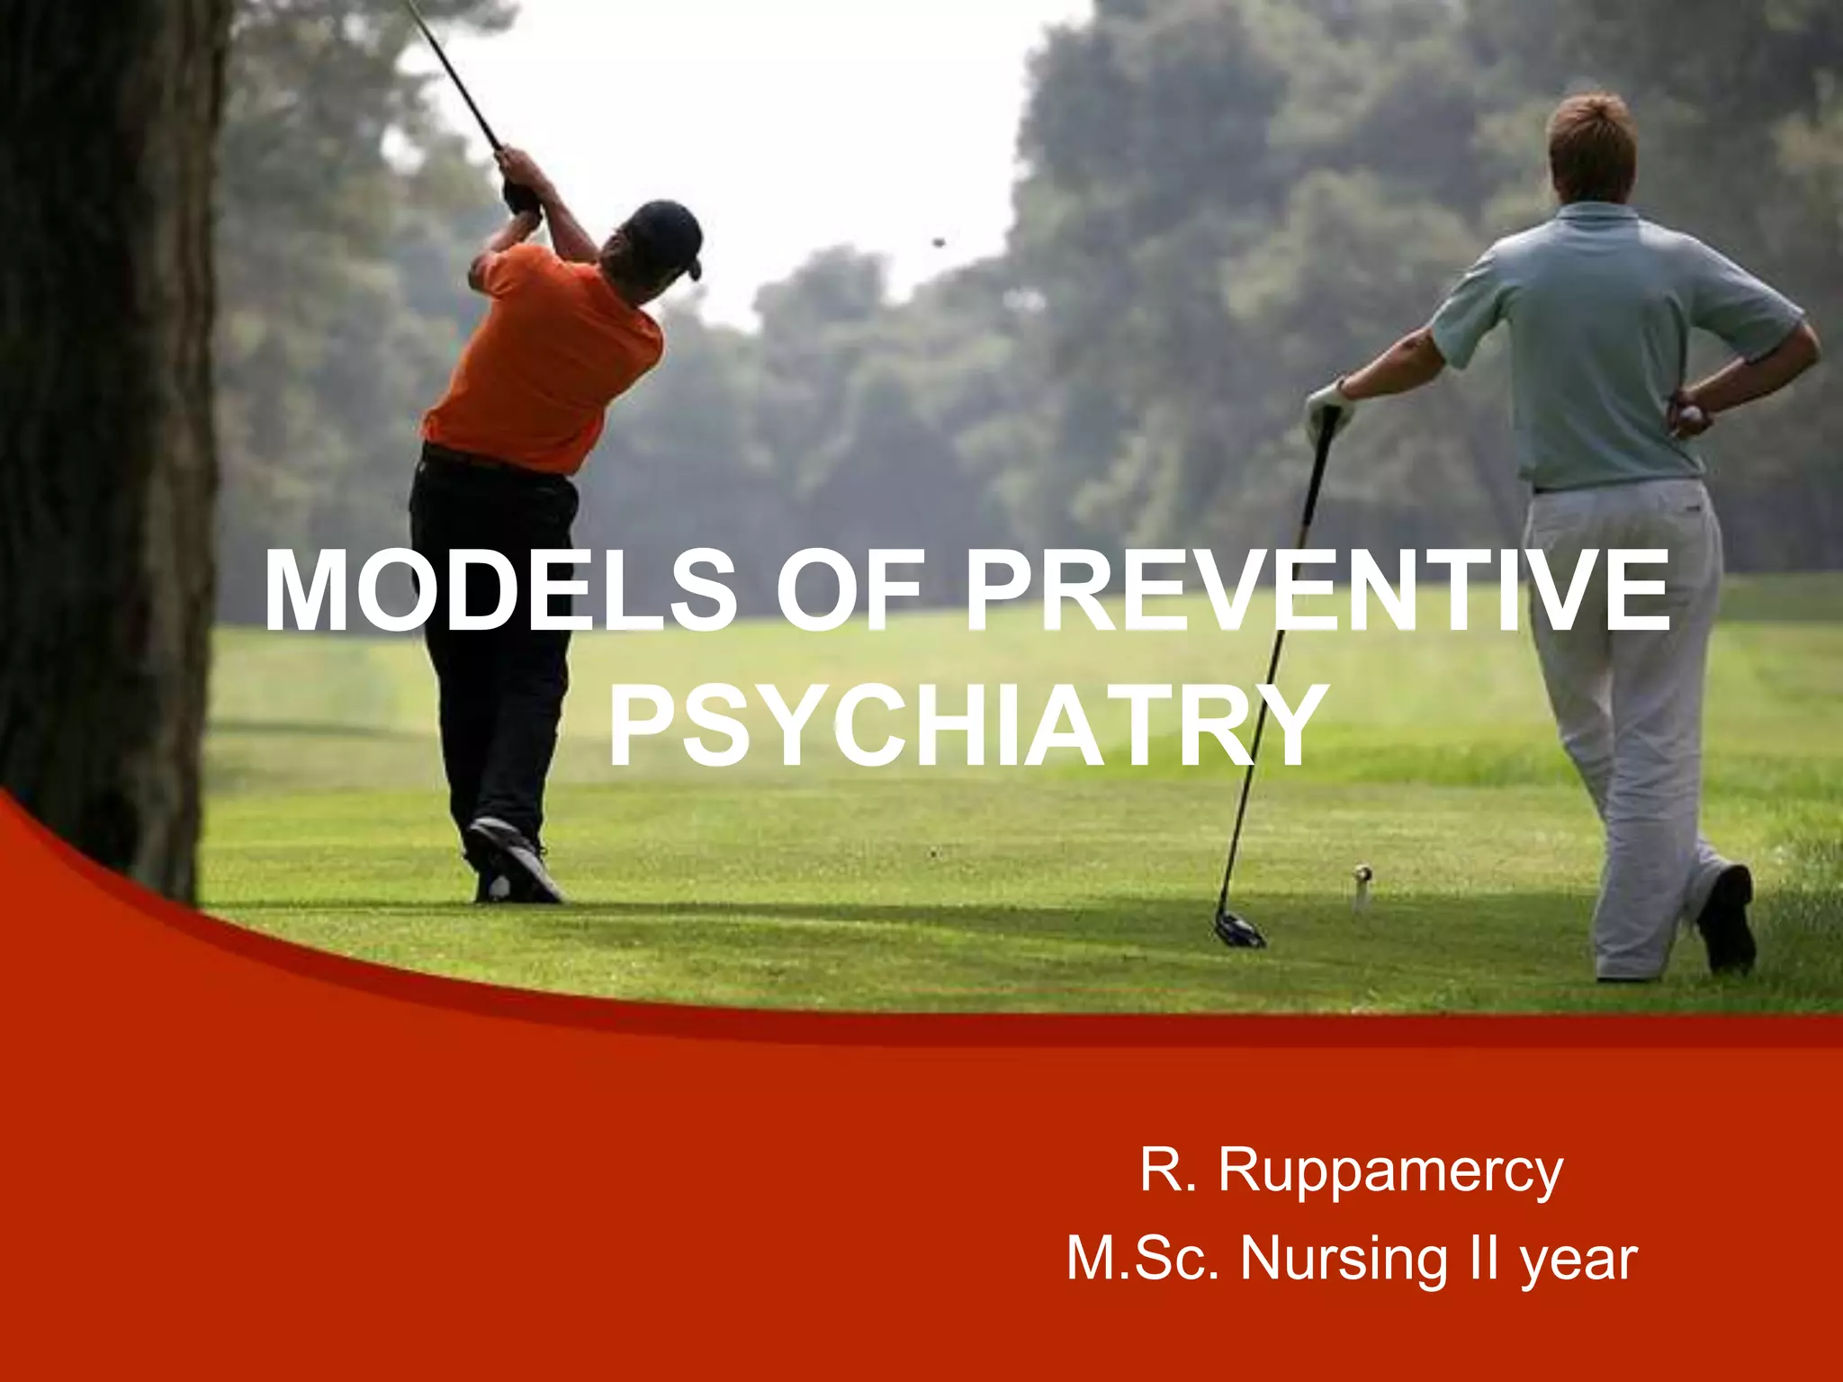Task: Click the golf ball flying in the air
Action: click(939, 241)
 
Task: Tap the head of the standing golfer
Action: click(1591, 148)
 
